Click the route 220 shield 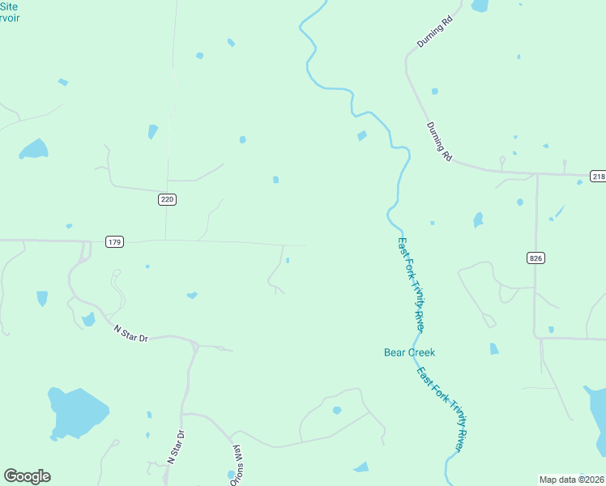(168, 198)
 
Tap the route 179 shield (114, 241)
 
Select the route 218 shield (597, 176)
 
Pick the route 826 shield (536, 258)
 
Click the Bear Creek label (409, 352)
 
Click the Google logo (27, 476)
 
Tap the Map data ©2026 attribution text (571, 480)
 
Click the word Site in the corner (9, 6)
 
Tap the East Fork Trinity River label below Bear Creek (442, 410)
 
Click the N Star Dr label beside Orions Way (177, 446)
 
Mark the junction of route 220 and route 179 (166, 240)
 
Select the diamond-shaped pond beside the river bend (362, 135)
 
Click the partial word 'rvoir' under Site (10, 18)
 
